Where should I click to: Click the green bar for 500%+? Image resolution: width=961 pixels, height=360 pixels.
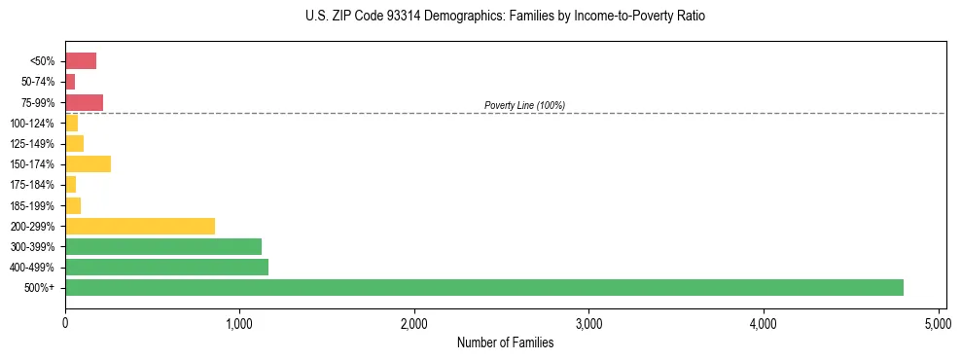[x=483, y=287]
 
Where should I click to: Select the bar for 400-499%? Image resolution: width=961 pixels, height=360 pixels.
[x=166, y=267]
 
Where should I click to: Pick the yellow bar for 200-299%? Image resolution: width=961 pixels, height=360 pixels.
[x=139, y=226]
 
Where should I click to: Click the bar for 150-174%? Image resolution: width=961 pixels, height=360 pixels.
[x=88, y=163]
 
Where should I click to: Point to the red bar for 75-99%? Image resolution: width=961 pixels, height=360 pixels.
[x=84, y=102]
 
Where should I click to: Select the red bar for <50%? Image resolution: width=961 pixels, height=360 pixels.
[x=81, y=61]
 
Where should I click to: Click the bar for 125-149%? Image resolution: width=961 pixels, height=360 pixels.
[x=74, y=143]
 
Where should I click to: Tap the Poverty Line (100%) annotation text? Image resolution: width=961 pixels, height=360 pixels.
[x=524, y=105]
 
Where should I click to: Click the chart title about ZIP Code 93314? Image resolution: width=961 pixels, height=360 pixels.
[x=480, y=17]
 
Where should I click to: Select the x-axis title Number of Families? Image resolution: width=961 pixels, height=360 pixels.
[x=505, y=343]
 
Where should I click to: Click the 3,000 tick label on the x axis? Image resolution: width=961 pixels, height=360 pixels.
[x=588, y=323]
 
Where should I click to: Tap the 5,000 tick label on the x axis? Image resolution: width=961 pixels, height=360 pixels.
[x=938, y=323]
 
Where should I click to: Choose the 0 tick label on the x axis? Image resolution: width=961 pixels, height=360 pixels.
[x=65, y=323]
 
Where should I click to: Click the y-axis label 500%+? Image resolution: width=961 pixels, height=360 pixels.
[x=41, y=288]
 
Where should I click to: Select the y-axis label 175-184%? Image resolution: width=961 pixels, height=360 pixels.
[x=33, y=185]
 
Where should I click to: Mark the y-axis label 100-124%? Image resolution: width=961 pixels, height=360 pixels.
[x=33, y=124]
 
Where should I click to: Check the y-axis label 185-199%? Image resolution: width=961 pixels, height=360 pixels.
[x=33, y=205]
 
